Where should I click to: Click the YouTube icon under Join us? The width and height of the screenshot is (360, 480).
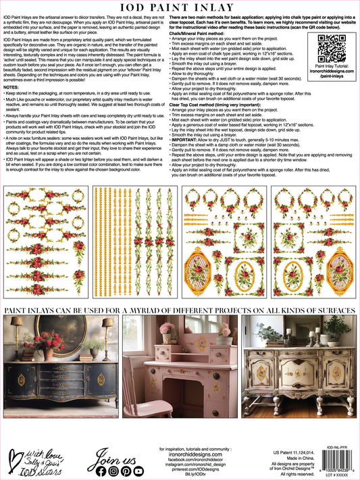point(138,471)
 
